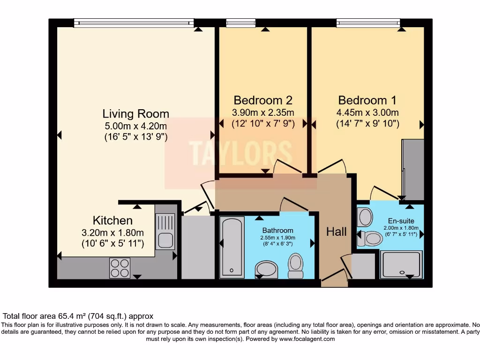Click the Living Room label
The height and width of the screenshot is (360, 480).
(135, 113)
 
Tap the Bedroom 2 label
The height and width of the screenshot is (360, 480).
(263, 100)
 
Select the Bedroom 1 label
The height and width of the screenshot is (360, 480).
(367, 100)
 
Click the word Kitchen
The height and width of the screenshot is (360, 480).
(112, 220)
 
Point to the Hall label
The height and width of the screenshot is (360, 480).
(337, 232)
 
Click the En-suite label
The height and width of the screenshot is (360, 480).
(401, 221)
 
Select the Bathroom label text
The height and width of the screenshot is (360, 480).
(277, 230)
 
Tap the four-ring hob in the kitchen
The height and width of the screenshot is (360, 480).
(120, 268)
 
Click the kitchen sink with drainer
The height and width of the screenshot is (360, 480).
(165, 232)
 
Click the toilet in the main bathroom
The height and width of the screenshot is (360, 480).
(296, 266)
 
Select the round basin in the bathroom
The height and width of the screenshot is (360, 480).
(266, 270)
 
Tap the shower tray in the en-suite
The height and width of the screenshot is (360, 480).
(401, 264)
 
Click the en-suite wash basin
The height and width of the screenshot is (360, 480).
(365, 217)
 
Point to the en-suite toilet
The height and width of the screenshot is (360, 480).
(370, 239)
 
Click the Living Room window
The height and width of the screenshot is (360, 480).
(134, 22)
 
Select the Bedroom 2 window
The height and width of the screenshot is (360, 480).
(240, 22)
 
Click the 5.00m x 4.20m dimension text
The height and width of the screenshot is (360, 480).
(135, 126)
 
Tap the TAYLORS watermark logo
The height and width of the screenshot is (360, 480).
(240, 153)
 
